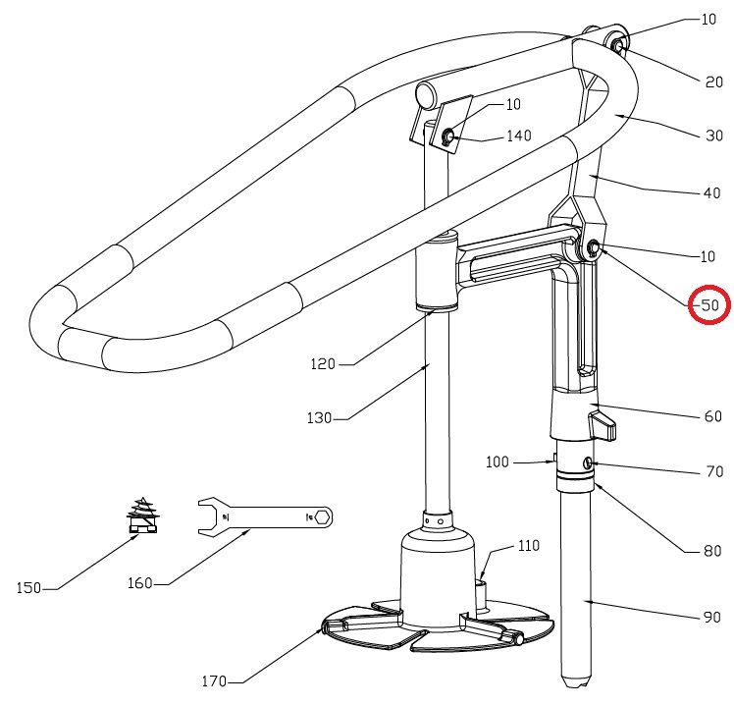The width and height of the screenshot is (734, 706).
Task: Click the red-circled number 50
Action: point(709,306)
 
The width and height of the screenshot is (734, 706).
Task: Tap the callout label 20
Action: point(713,82)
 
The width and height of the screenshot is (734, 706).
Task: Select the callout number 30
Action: point(713,136)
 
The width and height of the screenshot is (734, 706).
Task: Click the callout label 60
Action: point(712,417)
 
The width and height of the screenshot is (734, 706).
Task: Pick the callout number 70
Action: point(713,472)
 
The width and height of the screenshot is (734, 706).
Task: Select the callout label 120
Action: point(323,364)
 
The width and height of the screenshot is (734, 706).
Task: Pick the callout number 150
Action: point(29,588)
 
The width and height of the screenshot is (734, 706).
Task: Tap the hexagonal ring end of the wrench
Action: point(322,516)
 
